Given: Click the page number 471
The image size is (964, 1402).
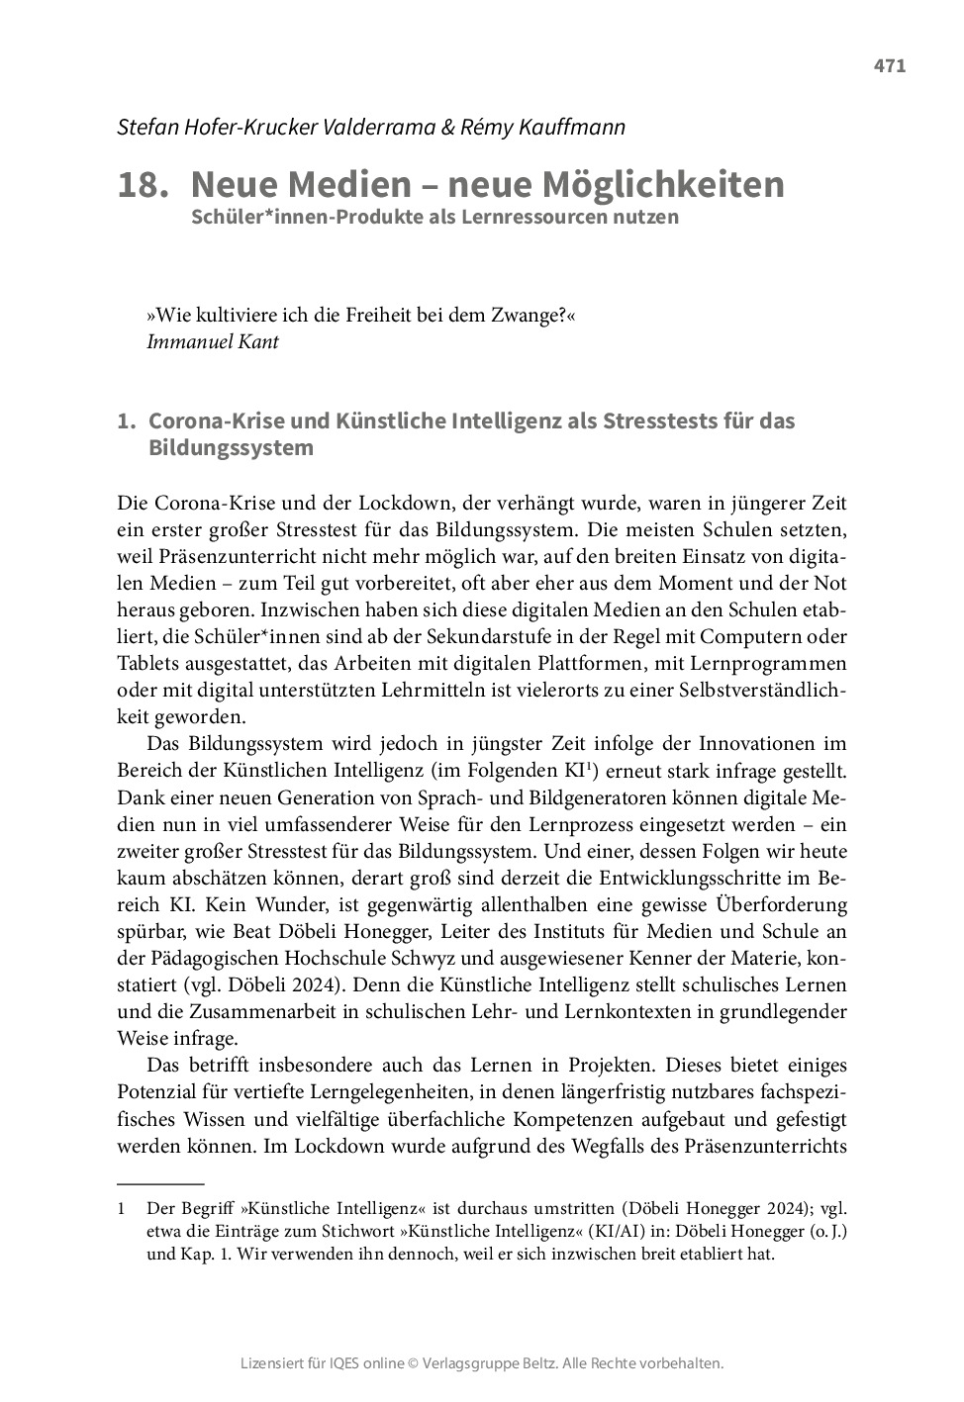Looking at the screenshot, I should [889, 66].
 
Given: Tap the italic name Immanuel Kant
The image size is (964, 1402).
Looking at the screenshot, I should [212, 341].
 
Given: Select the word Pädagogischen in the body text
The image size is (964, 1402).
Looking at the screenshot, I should [214, 958].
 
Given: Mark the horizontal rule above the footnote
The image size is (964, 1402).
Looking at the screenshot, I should [160, 1183].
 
